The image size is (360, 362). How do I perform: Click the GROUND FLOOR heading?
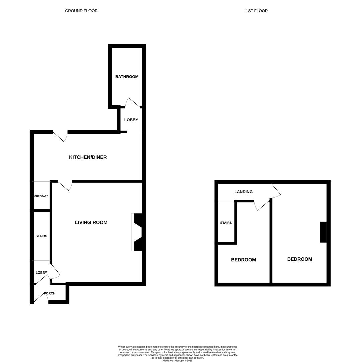pos(81,11)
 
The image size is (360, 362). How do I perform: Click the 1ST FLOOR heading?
pos(257,11)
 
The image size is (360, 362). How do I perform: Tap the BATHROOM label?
pos(127,77)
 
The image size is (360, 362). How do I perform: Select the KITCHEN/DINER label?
pos(88,157)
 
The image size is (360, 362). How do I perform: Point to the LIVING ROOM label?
pos(91,222)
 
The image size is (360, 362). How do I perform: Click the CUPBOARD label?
pos(41,196)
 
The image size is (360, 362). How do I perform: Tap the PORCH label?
pos(50,293)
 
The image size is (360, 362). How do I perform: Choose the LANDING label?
pos(243,192)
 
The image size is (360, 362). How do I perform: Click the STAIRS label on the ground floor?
pos(41,236)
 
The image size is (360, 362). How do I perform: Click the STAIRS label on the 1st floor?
pos(226,223)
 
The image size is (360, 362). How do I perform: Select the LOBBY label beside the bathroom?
pos(131,120)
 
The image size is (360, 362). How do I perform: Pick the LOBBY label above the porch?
pos(41,273)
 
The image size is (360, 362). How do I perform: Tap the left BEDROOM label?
pos(243,260)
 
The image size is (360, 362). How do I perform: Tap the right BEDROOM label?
pos(299,259)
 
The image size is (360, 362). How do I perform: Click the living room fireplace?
pos(137,232)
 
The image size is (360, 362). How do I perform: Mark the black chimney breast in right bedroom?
pos(323,232)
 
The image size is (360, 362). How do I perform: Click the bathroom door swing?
pos(133,102)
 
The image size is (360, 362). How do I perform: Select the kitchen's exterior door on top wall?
pos(60,136)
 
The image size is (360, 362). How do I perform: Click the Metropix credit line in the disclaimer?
pos(177,361)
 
